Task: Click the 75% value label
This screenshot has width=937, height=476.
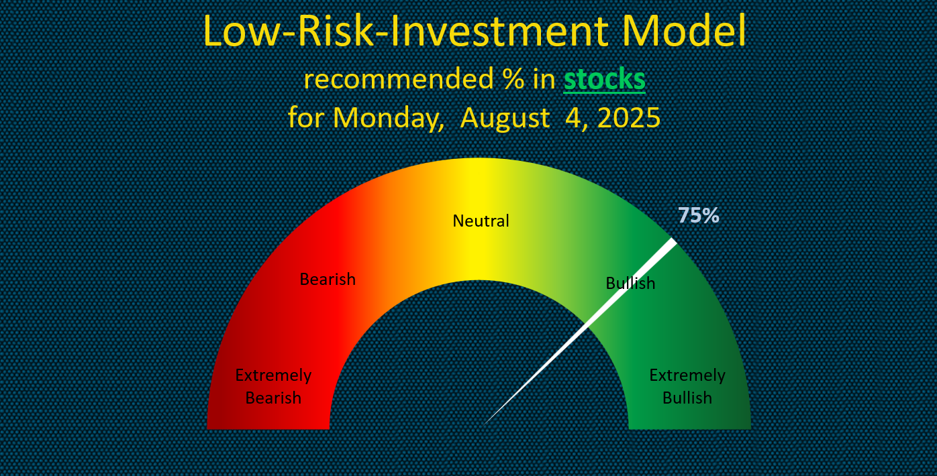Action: pyautogui.click(x=698, y=215)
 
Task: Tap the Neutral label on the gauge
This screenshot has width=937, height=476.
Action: pyautogui.click(x=481, y=221)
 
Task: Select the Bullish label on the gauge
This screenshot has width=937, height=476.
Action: pyautogui.click(x=630, y=283)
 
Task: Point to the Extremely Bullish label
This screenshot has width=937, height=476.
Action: pyautogui.click(x=687, y=386)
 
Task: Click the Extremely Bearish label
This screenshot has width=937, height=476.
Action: pyautogui.click(x=273, y=386)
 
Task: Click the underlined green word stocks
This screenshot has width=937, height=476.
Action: pyautogui.click(x=605, y=78)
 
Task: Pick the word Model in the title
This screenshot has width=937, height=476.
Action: pyautogui.click(x=685, y=31)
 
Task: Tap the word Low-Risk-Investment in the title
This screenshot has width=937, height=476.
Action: pyautogui.click(x=405, y=31)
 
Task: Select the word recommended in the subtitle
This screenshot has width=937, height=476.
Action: pyautogui.click(x=399, y=78)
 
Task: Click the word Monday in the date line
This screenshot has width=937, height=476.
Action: pyautogui.click(x=388, y=117)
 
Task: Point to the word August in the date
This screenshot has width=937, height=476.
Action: pyautogui.click(x=505, y=118)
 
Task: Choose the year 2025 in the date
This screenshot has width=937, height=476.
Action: pyautogui.click(x=629, y=117)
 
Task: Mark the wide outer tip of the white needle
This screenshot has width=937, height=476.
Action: pyautogui.click(x=673, y=241)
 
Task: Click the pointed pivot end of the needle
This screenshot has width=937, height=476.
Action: pyautogui.click(x=484, y=424)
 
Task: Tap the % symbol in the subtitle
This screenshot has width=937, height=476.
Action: pyautogui.click(x=513, y=78)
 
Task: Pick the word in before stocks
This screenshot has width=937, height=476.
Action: pyautogui.click(x=544, y=78)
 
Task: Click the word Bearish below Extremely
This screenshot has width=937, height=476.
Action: pyautogui.click(x=273, y=398)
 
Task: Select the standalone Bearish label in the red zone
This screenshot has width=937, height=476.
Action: pyautogui.click(x=328, y=279)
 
